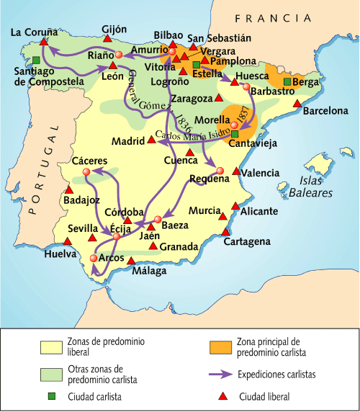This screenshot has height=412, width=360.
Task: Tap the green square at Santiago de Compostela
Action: coord(36,59)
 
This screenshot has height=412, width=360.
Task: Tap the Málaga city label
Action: coord(149,272)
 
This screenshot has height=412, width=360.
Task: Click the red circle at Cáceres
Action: coord(86,172)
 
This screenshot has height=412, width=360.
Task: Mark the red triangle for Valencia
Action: coord(237,171)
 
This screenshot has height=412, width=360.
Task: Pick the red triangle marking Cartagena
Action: coord(227,232)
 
